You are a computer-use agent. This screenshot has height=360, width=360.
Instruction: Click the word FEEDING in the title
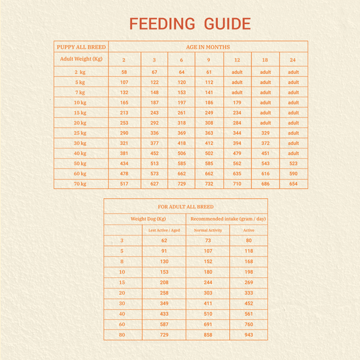[162, 23]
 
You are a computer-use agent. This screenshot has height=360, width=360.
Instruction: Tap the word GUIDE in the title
[227, 23]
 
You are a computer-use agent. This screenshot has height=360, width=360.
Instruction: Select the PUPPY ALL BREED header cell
[81, 47]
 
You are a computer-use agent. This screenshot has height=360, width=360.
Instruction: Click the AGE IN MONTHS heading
[208, 47]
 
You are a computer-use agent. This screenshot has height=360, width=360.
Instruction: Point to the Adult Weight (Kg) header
[81, 59]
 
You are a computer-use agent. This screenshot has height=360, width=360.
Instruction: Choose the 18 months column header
[265, 60]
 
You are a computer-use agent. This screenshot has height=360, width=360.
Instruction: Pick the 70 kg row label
[80, 184]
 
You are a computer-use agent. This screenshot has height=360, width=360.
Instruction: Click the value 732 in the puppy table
[209, 184]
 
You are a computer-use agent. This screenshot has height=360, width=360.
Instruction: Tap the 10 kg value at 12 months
[237, 103]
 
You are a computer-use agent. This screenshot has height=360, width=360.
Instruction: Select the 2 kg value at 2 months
[124, 72]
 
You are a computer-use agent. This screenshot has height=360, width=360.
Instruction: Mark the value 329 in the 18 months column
[265, 133]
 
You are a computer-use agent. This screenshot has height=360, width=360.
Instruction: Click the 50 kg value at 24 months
[293, 163]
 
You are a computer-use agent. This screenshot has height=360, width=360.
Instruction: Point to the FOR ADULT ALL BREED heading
[186, 207]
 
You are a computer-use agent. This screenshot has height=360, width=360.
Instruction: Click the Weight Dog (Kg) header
[148, 219]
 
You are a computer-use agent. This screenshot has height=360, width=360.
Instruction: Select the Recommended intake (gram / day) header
[228, 219]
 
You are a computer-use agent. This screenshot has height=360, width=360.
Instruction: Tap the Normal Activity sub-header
[208, 230]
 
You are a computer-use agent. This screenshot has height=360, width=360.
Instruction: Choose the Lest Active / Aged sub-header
[164, 230]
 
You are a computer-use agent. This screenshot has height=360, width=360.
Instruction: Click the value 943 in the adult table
[248, 335]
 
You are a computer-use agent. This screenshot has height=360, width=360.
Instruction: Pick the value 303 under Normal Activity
[208, 293]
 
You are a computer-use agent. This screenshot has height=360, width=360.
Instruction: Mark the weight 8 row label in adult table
[122, 262]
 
